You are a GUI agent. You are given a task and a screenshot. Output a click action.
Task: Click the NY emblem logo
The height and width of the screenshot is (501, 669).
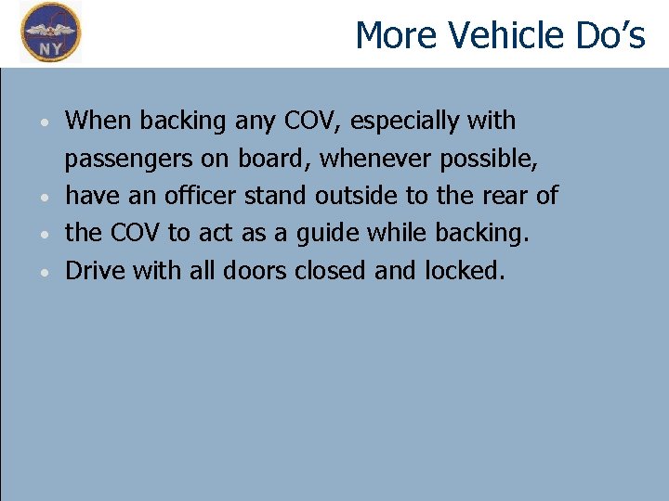51,32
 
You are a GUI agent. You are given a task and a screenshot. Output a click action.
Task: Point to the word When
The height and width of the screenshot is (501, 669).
99,121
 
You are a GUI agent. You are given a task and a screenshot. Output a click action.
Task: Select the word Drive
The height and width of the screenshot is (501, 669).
97,271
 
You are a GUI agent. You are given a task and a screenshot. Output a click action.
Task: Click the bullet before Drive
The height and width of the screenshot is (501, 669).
45,273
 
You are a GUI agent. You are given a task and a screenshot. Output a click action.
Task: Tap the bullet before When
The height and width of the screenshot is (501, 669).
45,122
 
